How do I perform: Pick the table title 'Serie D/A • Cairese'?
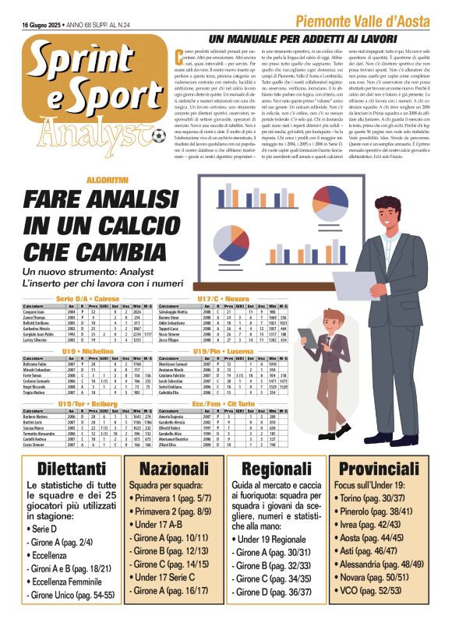click(87, 299)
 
